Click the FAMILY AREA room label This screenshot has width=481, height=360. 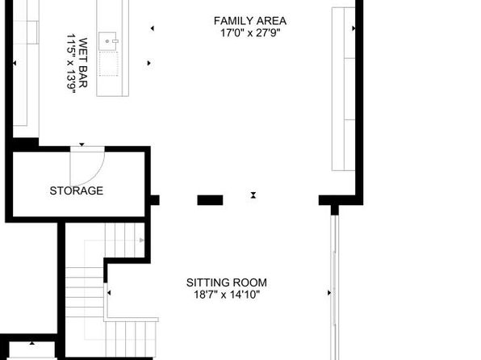coord(250,21)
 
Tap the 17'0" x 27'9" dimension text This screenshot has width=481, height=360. coord(250,32)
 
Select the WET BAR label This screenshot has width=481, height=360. coord(83,63)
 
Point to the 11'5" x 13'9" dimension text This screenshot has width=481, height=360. coord(71,63)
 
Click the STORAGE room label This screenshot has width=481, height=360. coord(77,190)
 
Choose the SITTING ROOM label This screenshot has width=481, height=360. coord(227,283)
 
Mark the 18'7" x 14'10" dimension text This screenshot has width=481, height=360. coord(227,295)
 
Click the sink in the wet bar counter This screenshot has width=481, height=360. coord(108,41)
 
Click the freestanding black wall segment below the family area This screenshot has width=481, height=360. coord(210,200)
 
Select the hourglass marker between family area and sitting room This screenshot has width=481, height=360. coord(253,195)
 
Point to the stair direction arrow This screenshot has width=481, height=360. coord(142,240)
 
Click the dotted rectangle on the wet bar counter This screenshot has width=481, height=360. coord(109,64)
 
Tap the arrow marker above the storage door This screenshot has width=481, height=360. coord(82,144)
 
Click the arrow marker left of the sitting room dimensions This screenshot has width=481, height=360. coord(109,293)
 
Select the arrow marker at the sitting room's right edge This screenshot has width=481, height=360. coord(329,293)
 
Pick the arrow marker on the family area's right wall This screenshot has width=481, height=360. coord(353,28)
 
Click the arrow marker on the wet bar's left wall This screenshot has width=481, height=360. coord(15,63)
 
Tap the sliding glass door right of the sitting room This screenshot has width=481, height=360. coord(335,287)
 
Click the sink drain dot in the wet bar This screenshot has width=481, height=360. coord(107,41)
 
